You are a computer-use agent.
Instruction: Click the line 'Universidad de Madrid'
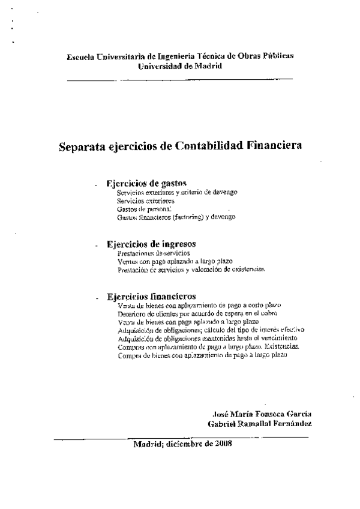180,65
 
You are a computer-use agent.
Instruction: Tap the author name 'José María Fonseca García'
262,414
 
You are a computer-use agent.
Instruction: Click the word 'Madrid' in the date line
147,444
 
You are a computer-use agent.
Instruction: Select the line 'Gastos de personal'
144,209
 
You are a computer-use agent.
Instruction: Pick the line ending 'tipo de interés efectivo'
211,330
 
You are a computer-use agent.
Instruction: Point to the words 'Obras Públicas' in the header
265,56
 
